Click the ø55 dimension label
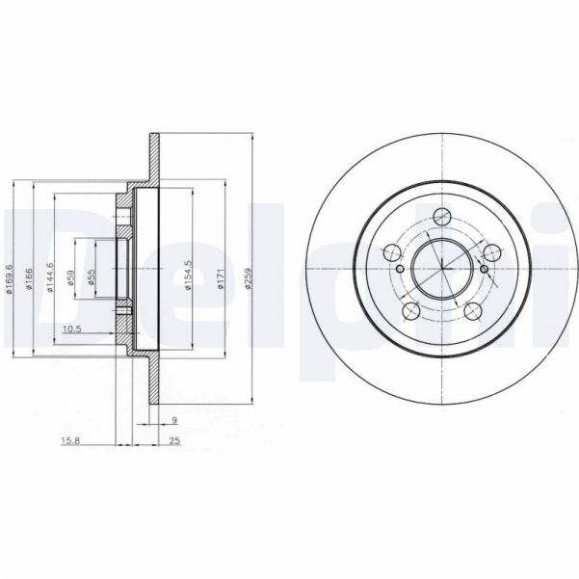pyautogui.click(x=92, y=279)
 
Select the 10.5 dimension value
pyautogui.click(x=70, y=329)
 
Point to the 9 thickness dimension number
pyautogui.click(x=173, y=420)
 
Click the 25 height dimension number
pyautogui.click(x=173, y=442)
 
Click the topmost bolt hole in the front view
pyautogui.click(x=442, y=216)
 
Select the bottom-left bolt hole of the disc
pyautogui.click(x=410, y=310)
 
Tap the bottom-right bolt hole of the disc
pyautogui.click(x=473, y=310)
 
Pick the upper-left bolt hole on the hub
pyautogui.click(x=391, y=252)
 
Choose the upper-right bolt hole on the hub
pyautogui.click(x=492, y=252)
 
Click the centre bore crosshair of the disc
pyautogui.click(x=442, y=267)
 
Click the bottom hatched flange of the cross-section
pyautogui.click(x=153, y=385)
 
